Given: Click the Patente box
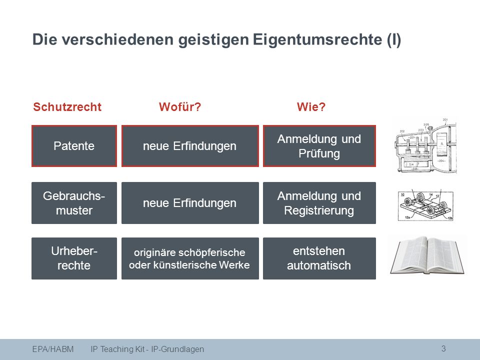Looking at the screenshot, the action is tap(74, 146).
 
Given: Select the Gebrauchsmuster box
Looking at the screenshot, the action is tap(74, 203).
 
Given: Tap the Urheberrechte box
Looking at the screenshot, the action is tap(74, 258).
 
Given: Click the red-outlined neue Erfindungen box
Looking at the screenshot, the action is tap(190, 146).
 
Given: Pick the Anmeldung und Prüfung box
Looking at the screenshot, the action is tap(319, 146).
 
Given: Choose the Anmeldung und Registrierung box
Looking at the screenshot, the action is tap(319, 203).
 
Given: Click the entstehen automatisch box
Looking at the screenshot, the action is tap(319, 258).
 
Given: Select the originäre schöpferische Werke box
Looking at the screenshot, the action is tap(190, 258).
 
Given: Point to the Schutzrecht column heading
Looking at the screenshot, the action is tap(67, 107).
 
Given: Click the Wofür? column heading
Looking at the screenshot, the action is tap(180, 107).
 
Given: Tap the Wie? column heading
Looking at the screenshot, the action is tap(311, 107).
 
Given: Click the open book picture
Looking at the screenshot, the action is tap(427, 254).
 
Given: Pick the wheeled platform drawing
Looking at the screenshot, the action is tap(425, 205).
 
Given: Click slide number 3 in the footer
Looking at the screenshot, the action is tap(443, 348).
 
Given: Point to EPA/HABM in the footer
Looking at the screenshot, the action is tap(53, 349).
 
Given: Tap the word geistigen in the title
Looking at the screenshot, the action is tap(213, 40).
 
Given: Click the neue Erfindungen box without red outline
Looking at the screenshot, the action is tap(190, 203).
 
